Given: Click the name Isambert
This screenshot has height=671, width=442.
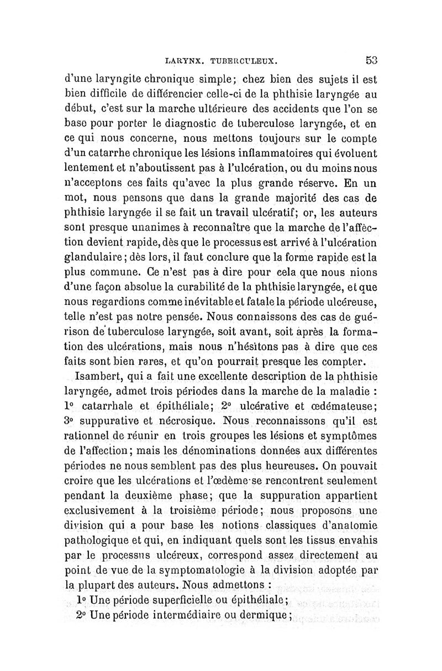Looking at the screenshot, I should [96, 378].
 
